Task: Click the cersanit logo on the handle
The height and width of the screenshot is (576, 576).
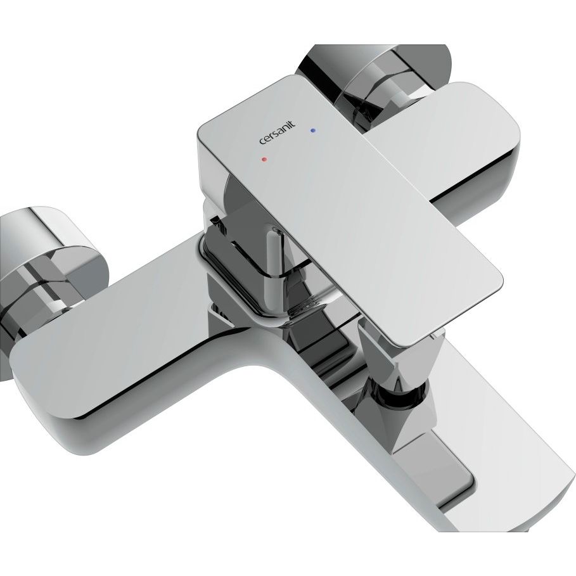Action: pyautogui.click(x=278, y=134)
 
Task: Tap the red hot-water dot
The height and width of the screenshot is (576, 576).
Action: pyautogui.click(x=264, y=160)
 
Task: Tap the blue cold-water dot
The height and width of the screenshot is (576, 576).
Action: pyautogui.click(x=312, y=131)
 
